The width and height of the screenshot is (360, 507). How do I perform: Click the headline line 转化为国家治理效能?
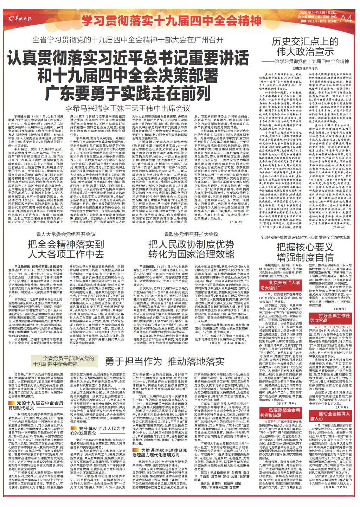click(x=191, y=244)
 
